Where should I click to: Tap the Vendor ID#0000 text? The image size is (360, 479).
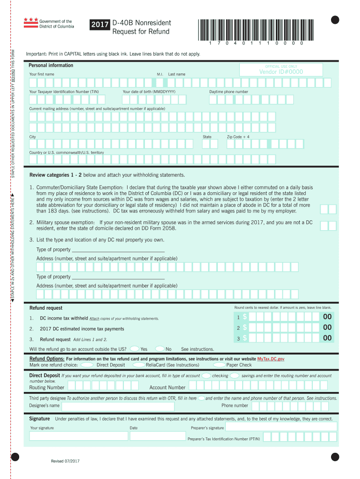(x=281, y=72)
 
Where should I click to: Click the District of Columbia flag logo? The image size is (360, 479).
(x=30, y=23)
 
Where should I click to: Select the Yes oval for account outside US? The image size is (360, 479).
(x=134, y=348)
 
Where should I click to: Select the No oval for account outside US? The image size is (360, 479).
(x=159, y=348)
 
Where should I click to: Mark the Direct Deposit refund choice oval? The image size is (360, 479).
(x=86, y=365)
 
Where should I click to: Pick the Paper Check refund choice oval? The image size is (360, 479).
(x=219, y=365)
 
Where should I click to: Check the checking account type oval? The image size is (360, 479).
(x=206, y=376)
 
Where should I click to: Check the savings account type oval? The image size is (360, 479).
(x=235, y=376)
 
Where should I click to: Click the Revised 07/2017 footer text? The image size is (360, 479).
(x=65, y=461)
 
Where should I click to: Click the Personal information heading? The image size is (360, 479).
(x=51, y=65)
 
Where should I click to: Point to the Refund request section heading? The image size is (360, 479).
(x=46, y=308)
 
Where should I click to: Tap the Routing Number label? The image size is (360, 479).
(x=47, y=387)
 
